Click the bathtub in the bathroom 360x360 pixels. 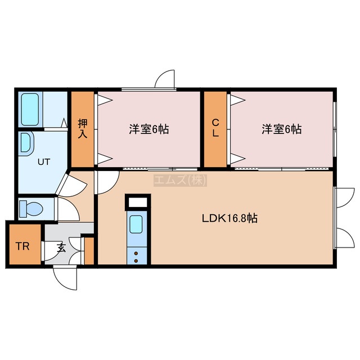[x=30, y=110]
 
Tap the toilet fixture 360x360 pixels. [x=31, y=209]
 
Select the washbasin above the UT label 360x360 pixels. [x=26, y=143]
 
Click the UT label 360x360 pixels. [x=44, y=162]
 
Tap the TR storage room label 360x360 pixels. [x=22, y=246]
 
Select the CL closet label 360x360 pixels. [x=215, y=129]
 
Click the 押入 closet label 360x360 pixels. [x=83, y=129]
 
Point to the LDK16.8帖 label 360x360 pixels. [x=229, y=218]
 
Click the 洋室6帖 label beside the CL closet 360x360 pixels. [x=282, y=129]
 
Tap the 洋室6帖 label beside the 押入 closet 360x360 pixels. [x=149, y=129]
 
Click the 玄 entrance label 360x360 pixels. [x=61, y=248]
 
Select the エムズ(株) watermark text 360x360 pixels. [x=180, y=180]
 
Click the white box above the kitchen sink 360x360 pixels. [x=138, y=202]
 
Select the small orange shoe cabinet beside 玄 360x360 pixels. [x=89, y=251]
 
